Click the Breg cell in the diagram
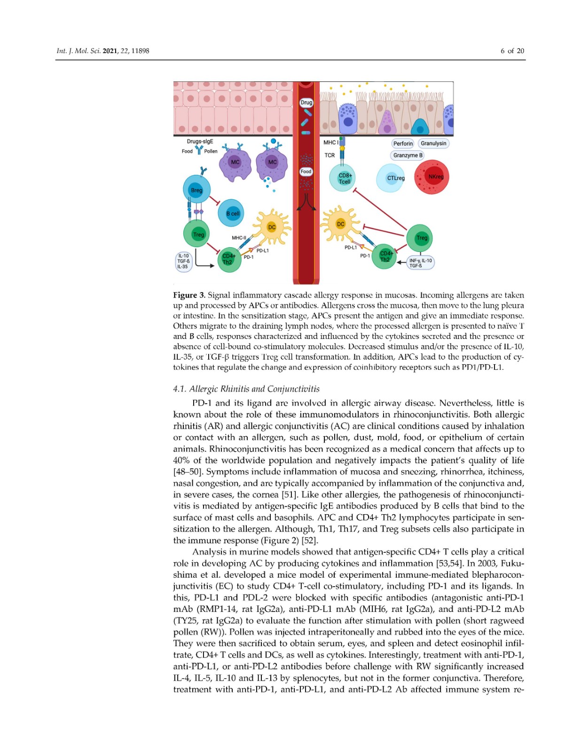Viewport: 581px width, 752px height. [196, 190]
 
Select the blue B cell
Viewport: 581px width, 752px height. [231, 213]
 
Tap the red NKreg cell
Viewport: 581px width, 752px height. [432, 177]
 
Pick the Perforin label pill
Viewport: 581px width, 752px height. [403, 143]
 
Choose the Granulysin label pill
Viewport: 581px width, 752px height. [433, 143]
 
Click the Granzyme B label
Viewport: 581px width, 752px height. [408, 155]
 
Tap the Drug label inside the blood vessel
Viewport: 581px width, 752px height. [306, 102]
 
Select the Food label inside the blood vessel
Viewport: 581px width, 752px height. [306, 172]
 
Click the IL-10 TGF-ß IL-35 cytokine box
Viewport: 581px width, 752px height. [183, 261]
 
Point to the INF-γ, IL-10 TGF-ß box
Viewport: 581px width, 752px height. [420, 263]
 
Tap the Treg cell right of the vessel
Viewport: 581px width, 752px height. [419, 238]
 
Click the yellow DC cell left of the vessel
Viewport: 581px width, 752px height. [271, 227]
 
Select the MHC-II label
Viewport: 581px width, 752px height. [239, 238]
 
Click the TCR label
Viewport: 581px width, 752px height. [330, 155]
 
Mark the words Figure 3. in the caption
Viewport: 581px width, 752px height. [189, 295]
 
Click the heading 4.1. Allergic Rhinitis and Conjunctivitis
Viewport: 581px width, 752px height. [246, 389]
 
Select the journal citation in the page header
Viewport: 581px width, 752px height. [103, 51]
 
